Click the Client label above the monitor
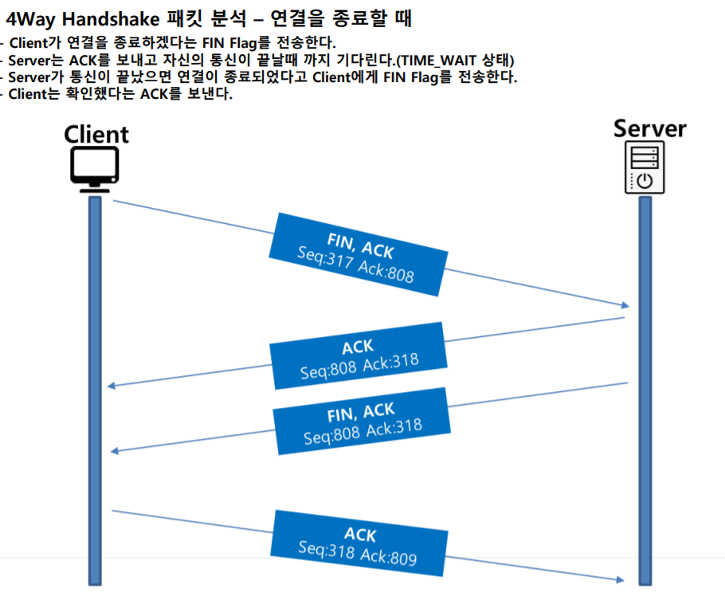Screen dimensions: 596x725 click(x=96, y=133)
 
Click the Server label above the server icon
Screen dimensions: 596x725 click(x=650, y=128)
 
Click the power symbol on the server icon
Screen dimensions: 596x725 click(x=644, y=181)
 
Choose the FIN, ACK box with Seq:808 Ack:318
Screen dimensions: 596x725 click(x=361, y=422)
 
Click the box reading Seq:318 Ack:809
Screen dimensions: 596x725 click(x=359, y=543)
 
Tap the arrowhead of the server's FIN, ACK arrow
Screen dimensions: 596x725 click(x=115, y=451)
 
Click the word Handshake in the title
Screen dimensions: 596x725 click(x=116, y=17)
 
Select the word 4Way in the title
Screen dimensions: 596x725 click(x=31, y=17)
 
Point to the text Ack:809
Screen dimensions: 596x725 click(x=390, y=556)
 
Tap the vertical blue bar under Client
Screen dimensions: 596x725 click(x=94, y=390)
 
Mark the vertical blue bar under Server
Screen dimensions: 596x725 click(x=645, y=390)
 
